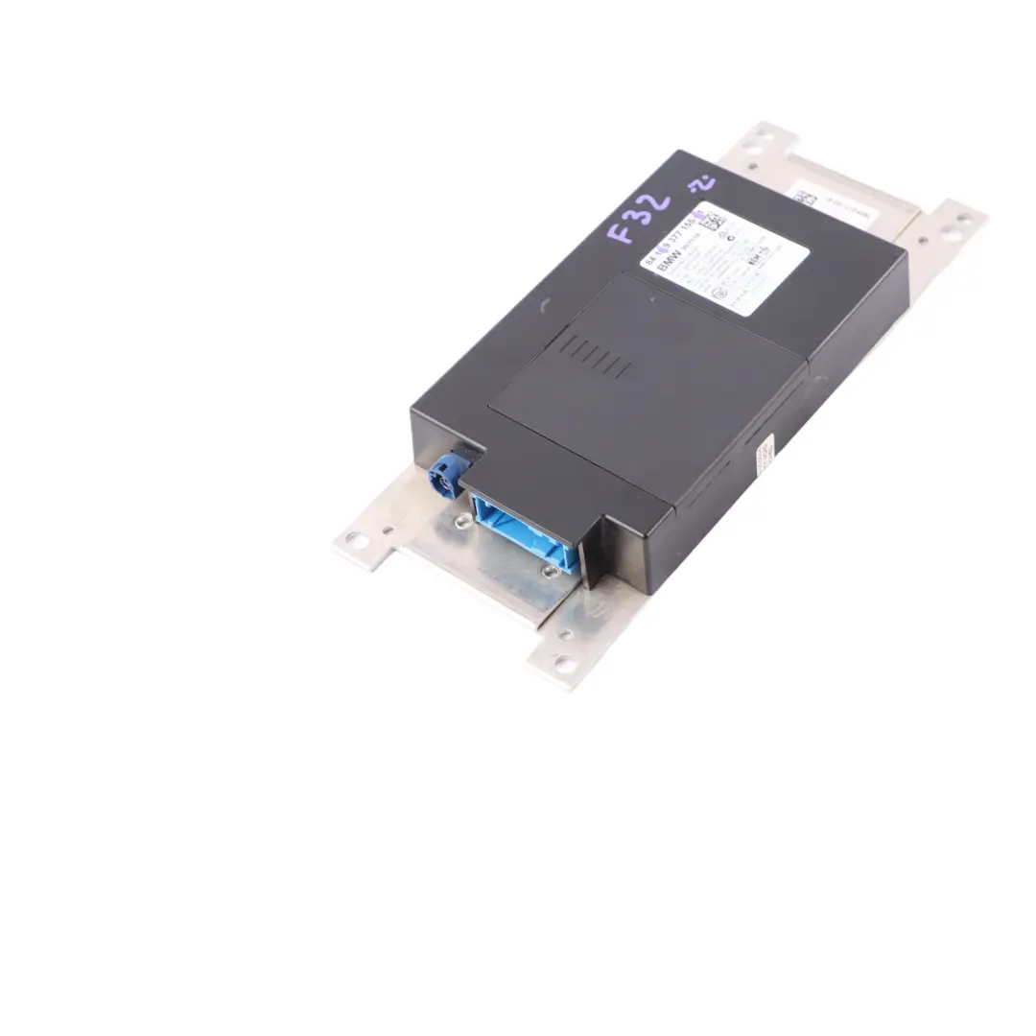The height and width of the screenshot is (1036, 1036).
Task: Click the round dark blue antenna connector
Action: tap(447, 475)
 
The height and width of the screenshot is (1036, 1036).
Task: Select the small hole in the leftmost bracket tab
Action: tap(388, 529)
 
